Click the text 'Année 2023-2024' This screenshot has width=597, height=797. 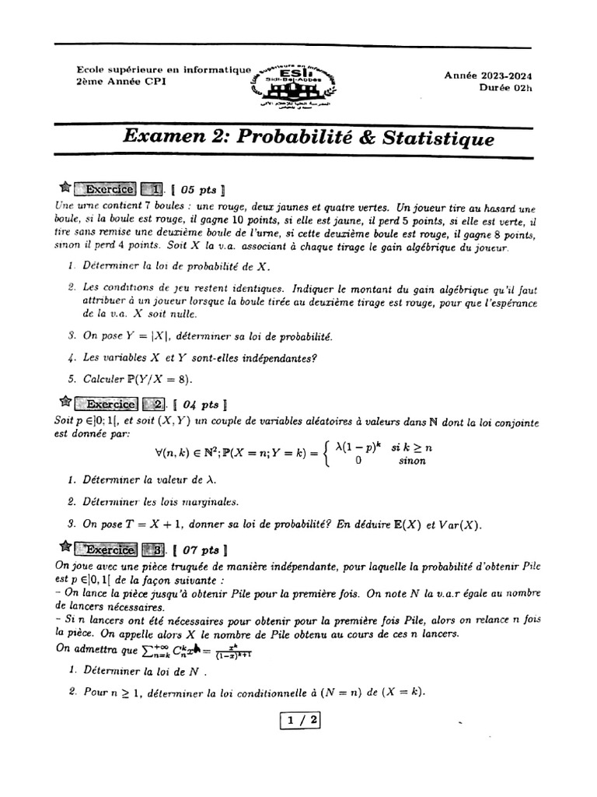[493, 75]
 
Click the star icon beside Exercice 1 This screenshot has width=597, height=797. [65, 188]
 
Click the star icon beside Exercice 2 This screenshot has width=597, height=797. [65, 403]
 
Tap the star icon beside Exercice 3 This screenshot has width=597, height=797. [65, 545]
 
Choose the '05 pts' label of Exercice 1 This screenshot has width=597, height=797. [201, 189]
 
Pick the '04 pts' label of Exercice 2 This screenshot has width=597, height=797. [201, 405]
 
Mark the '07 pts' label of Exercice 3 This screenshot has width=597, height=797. [201, 546]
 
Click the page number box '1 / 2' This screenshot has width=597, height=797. [299, 721]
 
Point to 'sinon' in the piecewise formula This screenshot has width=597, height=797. [412, 460]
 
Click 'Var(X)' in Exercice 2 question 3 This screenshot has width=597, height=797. [459, 525]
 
